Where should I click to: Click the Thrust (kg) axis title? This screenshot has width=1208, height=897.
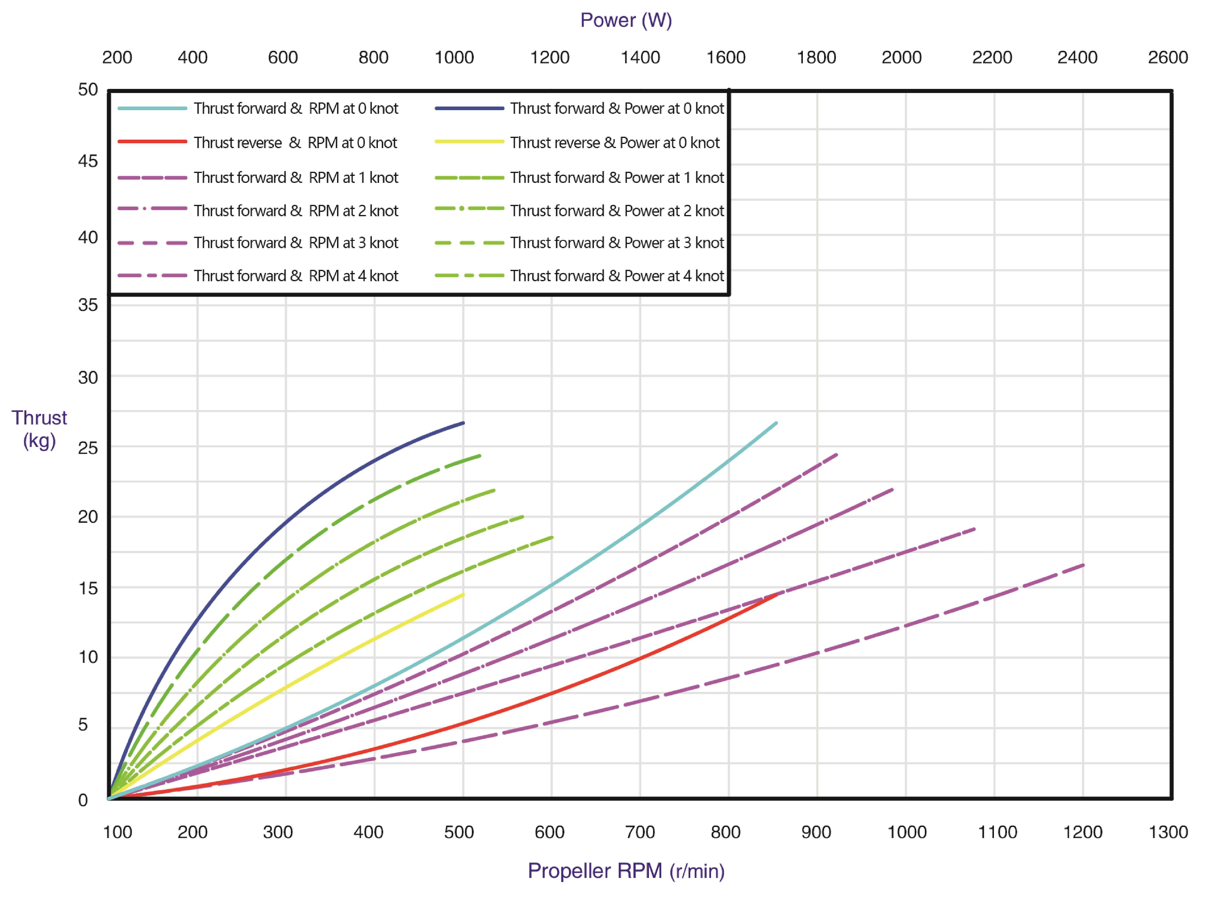coord(39,429)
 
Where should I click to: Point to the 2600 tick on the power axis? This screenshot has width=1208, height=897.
coord(1167,57)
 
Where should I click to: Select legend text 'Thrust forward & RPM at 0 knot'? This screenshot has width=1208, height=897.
coord(296,109)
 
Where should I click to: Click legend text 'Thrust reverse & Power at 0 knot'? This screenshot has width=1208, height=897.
coord(615,143)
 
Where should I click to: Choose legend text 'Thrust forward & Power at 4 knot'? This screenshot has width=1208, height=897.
coord(617,276)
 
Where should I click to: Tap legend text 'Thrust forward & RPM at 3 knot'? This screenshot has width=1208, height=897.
coord(296,243)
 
